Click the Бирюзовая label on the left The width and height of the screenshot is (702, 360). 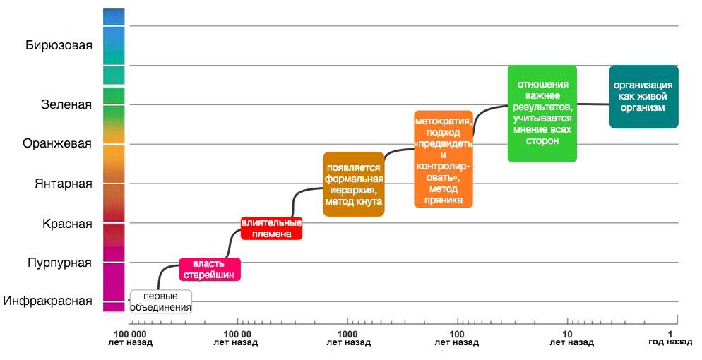[59, 47]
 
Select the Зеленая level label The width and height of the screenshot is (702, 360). [66, 105]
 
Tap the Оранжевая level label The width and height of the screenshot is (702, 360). [58, 144]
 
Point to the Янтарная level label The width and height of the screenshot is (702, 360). [64, 184]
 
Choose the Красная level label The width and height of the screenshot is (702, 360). [67, 224]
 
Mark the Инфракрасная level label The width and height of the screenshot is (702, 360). [47, 301]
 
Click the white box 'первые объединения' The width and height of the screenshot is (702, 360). [162, 301]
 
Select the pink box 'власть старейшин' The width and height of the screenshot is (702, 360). [209, 270]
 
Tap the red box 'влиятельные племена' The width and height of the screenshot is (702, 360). [272, 228]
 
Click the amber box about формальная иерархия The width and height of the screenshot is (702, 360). [353, 184]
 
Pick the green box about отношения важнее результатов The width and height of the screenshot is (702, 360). [542, 113]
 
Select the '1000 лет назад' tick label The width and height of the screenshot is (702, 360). [346, 337]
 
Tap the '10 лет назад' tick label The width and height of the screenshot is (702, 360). [567, 337]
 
